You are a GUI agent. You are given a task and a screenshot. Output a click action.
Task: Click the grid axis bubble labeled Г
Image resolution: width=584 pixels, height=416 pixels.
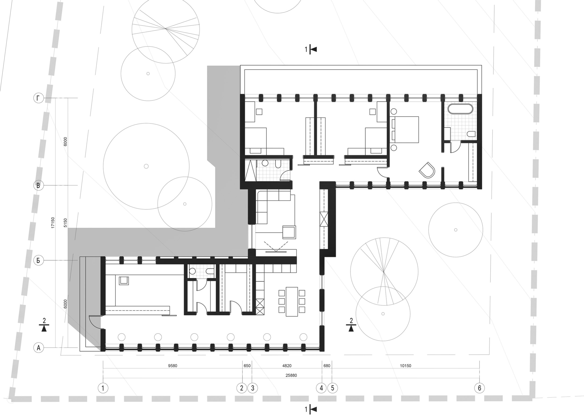pos(38,98)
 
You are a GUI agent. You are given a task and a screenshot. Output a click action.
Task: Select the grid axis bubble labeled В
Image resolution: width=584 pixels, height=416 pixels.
pos(38,186)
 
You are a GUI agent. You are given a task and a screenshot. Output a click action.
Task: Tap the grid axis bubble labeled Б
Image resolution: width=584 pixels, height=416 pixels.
pos(38,261)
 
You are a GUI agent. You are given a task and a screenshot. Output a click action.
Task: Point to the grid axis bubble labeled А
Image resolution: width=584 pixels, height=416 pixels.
pos(38,348)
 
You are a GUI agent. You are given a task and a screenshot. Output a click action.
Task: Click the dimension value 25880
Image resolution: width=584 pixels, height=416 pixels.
pos(291,376)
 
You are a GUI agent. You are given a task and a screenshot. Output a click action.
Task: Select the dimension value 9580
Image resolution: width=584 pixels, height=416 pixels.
pos(173,366)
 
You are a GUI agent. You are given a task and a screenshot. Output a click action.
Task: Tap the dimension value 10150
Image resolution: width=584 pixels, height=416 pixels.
pos(406,366)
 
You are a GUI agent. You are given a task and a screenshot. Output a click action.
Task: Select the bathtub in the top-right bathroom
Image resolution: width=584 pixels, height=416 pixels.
pos(460,109)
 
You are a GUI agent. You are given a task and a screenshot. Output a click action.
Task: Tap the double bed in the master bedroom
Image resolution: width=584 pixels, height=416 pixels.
pos(405,130)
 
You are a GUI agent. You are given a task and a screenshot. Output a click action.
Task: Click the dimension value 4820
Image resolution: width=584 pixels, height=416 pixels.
pos(287,366)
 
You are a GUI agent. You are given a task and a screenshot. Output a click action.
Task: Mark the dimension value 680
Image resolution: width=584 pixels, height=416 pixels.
pos(327,366)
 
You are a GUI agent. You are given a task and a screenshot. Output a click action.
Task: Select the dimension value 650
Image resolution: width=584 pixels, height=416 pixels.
pos(247,366)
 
